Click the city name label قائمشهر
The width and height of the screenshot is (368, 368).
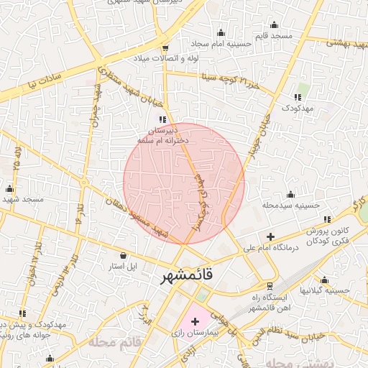coord(186,277)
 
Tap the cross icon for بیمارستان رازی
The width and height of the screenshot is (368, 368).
coord(195,319)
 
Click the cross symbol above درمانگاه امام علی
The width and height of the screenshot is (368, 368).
coord(270,236)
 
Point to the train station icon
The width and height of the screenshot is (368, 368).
coord(270,285)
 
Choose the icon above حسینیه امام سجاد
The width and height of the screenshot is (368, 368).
coord(221,32)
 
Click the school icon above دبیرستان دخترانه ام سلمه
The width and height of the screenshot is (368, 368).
coord(162,119)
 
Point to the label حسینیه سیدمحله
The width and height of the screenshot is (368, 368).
coord(290,205)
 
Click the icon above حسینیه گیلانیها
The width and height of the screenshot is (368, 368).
coord(325,280)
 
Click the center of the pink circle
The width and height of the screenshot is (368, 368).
coord(184,183)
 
